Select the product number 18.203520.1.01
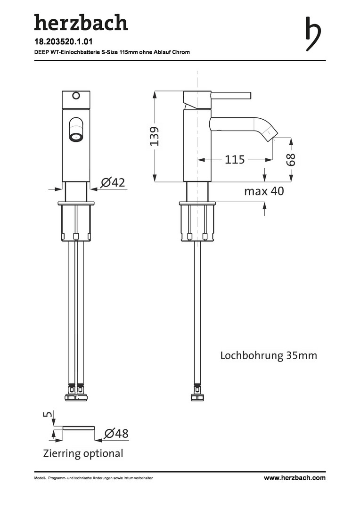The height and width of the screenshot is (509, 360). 64,42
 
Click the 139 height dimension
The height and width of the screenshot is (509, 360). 155,136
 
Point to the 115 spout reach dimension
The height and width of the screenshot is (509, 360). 235,160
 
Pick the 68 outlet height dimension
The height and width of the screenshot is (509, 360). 291,159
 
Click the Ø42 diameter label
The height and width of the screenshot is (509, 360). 113,182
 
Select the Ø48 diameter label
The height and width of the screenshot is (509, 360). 116,434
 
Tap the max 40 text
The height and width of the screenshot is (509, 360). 264,191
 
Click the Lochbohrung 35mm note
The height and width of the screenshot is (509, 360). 269,355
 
